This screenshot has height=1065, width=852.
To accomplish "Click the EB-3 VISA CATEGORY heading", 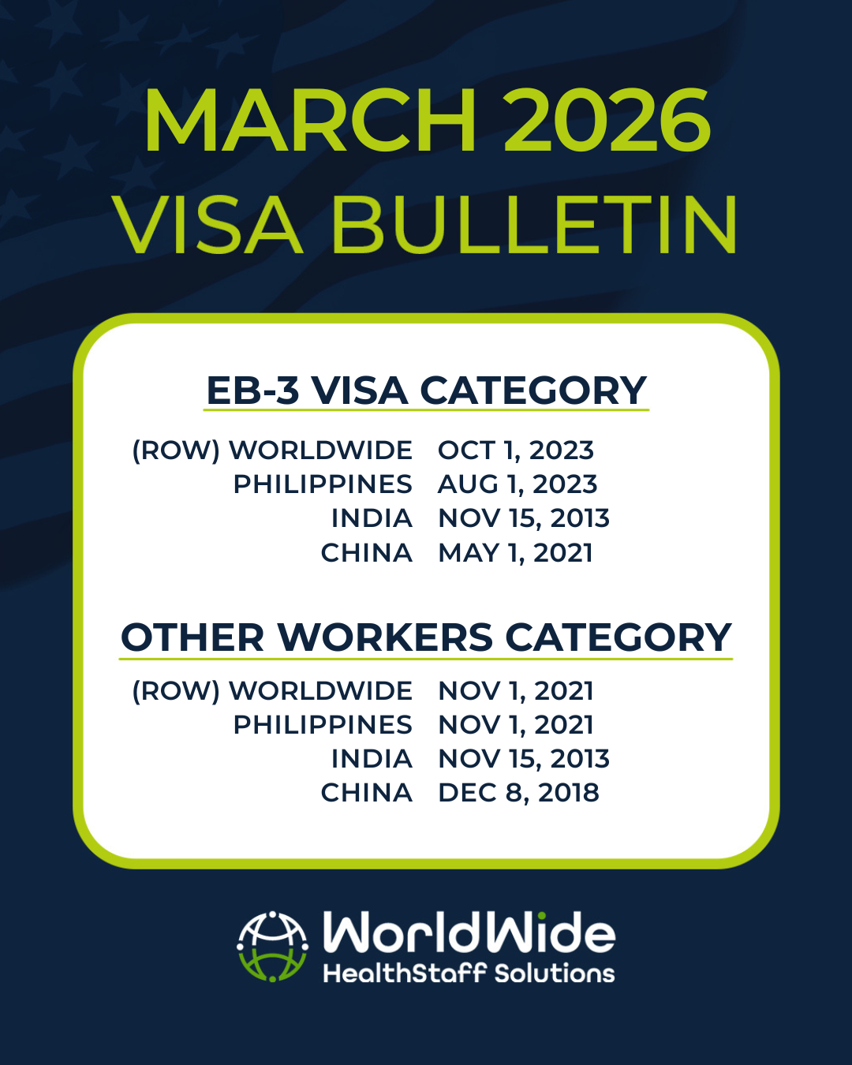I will (426, 390).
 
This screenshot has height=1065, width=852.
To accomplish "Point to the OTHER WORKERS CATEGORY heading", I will (426, 637).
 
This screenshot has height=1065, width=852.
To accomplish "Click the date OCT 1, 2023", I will (516, 450).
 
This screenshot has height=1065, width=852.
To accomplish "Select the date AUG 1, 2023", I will (518, 484).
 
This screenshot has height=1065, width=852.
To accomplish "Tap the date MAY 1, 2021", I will (515, 553).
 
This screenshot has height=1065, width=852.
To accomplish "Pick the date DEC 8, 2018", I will (518, 793).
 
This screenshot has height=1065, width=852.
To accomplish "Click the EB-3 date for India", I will (524, 518).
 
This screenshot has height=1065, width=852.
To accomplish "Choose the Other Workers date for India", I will (524, 759).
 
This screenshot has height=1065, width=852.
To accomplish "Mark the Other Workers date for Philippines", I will (516, 725).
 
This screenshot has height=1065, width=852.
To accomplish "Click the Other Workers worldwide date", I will (516, 691).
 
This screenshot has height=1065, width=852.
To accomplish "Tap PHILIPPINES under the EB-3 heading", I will (323, 484).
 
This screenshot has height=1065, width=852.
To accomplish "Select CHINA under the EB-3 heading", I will (366, 553).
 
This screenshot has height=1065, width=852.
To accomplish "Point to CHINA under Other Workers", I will (366, 793).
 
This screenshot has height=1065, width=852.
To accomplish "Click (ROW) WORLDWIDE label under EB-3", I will (272, 450).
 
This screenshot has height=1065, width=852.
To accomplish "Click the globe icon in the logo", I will (273, 946).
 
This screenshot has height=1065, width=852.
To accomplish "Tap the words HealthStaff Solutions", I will (469, 973).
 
